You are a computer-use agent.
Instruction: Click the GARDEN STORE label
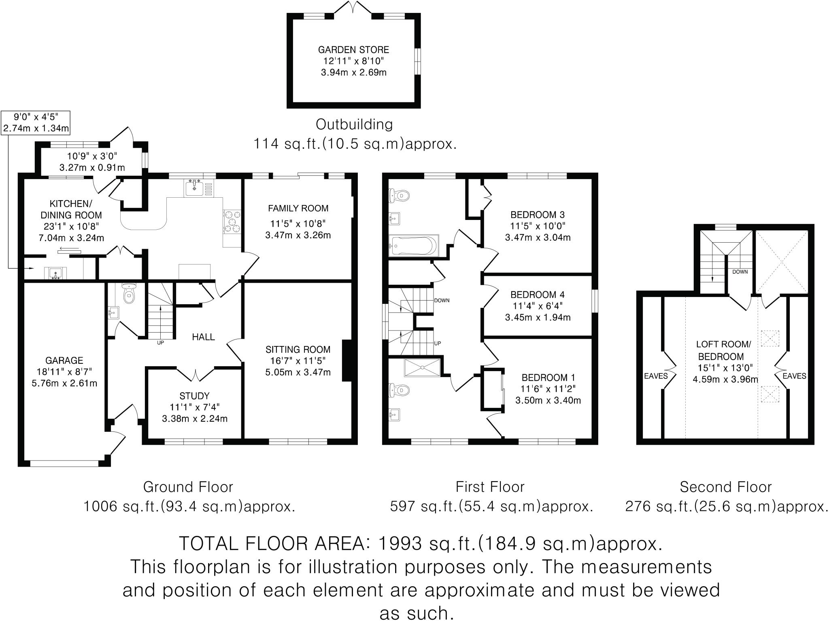(353, 50)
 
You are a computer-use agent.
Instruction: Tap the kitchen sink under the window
(195, 188)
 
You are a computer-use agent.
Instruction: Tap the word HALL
(203, 337)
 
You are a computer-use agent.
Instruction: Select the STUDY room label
(194, 396)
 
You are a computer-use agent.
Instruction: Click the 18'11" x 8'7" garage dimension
(64, 371)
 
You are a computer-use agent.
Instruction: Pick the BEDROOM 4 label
(537, 294)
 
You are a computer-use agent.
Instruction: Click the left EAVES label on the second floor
(656, 376)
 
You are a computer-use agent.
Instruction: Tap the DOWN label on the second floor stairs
(740, 272)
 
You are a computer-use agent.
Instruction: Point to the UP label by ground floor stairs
(160, 343)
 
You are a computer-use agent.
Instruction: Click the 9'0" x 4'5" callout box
(36, 123)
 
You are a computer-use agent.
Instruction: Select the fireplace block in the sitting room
(347, 361)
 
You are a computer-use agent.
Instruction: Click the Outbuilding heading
(354, 124)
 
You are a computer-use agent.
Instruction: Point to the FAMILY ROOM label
(298, 208)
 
